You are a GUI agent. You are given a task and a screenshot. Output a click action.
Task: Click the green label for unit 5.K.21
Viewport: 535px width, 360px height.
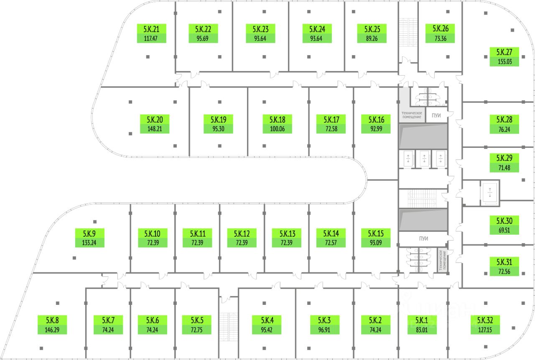click(151, 33)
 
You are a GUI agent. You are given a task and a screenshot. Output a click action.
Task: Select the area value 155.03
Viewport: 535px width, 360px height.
click(504, 61)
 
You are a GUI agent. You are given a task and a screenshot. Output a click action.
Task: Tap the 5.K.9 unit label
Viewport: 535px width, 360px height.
click(89, 238)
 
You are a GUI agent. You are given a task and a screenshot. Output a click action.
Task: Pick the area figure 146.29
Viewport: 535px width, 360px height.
click(52, 330)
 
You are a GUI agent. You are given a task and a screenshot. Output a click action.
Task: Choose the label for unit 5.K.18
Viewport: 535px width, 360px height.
click(277, 124)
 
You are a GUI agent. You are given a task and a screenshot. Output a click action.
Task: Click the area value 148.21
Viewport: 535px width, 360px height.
click(155, 129)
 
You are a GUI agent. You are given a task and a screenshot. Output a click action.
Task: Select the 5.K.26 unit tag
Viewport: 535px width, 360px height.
click(440, 33)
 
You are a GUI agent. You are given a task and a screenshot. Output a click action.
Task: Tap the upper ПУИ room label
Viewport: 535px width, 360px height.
click(436, 116)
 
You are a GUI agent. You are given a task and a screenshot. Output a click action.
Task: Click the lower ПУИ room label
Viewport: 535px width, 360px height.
click(423, 238)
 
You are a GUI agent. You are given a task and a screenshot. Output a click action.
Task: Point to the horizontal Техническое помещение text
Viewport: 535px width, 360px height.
click(412, 115)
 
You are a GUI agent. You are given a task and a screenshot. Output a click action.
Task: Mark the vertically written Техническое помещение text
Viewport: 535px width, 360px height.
click(442, 260)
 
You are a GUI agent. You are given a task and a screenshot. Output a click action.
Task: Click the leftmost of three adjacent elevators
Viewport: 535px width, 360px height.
click(408, 159)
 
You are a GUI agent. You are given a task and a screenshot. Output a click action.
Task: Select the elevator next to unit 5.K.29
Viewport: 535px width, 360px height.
click(490, 193)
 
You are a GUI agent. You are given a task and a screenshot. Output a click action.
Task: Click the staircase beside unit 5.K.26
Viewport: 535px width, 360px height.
click(408, 32)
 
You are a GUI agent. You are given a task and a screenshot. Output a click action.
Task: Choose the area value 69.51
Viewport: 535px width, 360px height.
click(504, 230)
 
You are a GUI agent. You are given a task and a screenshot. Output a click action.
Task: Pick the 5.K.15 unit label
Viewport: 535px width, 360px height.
click(376, 238)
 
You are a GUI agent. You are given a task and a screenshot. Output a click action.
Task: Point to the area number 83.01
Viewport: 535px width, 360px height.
click(422, 330)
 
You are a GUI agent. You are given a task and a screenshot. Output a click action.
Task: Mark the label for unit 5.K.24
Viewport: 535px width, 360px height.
click(317, 33)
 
